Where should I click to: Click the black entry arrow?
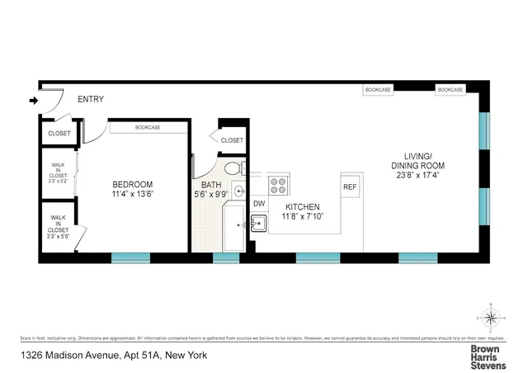pos(33,102)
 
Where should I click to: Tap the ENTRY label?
pos(91,100)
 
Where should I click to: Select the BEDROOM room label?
pos(132,184)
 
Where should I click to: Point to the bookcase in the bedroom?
pos(148,127)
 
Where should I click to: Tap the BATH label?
pos(211,185)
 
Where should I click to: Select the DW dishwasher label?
pos(259,202)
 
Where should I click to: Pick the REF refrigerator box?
pos(349,186)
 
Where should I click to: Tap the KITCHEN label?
pos(302,207)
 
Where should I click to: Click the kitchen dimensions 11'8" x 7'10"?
pos(302,217)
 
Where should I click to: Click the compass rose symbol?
pos(490,318)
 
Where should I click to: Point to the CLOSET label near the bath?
pos(233,140)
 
